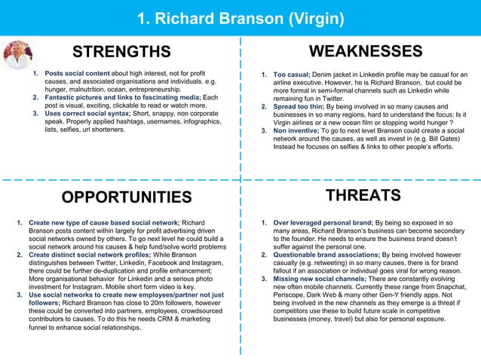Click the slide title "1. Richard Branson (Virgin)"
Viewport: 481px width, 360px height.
coord(240,18)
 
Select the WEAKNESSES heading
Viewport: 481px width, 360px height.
coord(366,51)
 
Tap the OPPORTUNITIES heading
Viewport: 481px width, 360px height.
coord(126,197)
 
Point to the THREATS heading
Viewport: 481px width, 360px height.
coord(362,196)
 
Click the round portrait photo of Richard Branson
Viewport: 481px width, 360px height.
coord(17,56)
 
